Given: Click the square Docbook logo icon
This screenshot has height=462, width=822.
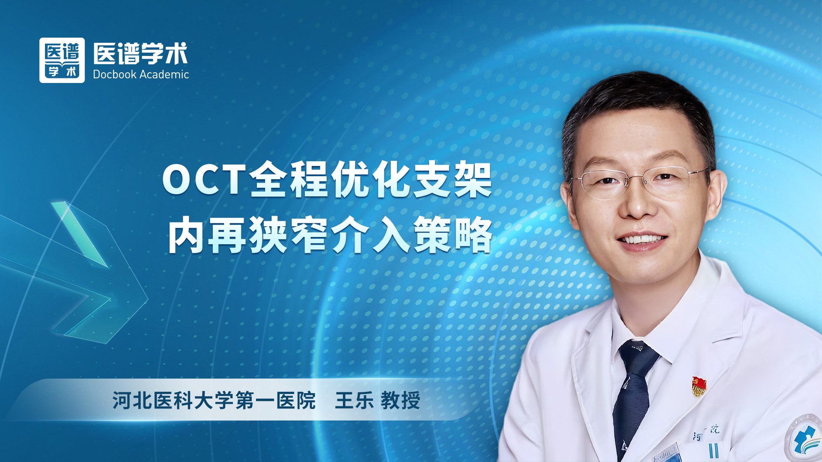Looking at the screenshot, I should click(62, 60).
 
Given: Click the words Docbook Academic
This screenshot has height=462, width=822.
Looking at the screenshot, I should click(141, 74).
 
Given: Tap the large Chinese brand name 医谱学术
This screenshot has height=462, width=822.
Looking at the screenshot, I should click(141, 53).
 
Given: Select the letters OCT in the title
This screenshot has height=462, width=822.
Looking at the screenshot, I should click(204, 180).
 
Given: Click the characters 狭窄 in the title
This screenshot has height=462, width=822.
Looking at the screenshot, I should click(288, 235).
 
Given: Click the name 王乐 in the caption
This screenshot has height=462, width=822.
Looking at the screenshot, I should click(354, 401).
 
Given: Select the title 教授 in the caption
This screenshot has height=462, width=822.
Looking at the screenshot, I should click(400, 401).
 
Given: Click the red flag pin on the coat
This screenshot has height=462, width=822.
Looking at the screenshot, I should click(699, 385).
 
